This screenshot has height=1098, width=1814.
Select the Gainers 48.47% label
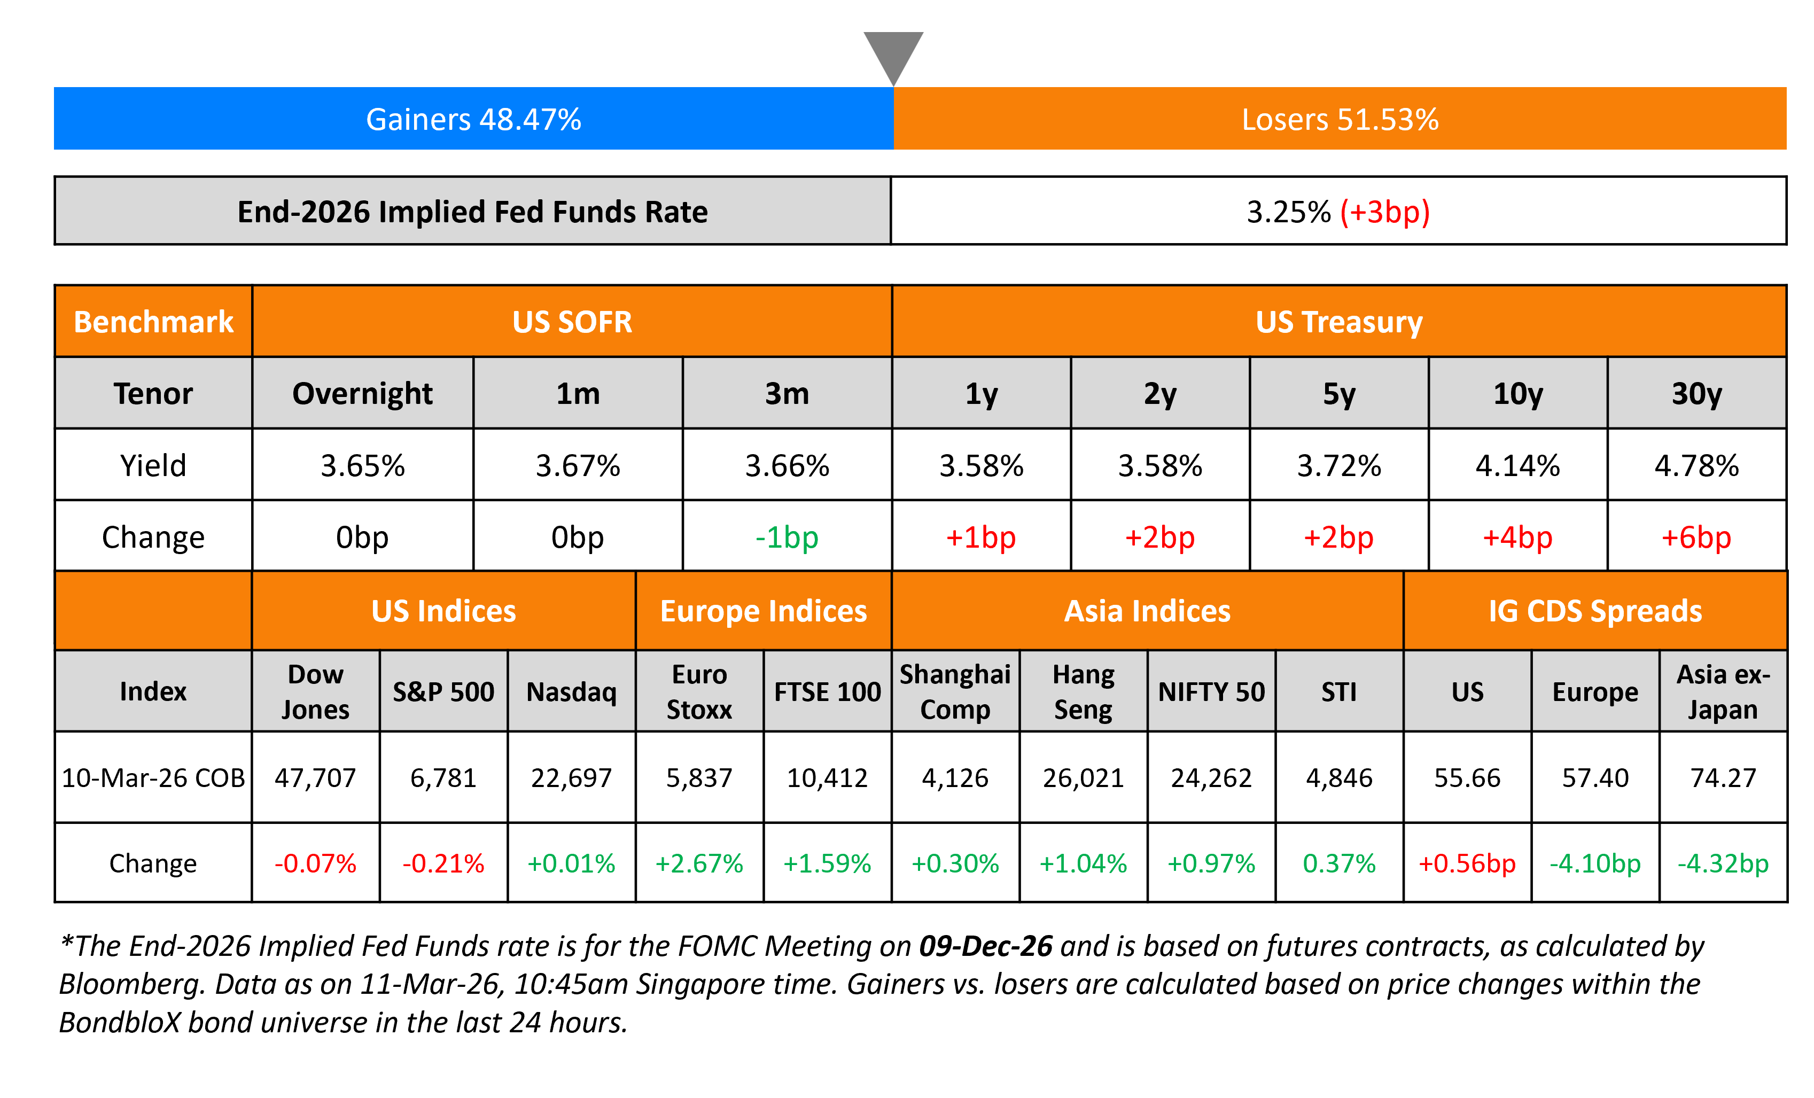[473, 119]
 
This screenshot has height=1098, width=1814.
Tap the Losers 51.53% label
[1340, 119]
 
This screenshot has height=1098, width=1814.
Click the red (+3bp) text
[1384, 212]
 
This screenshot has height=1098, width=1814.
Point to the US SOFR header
[572, 322]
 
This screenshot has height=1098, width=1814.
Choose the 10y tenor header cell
[1517, 394]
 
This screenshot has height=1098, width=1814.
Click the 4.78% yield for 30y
[1696, 465]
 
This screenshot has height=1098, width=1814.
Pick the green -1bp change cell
[787, 538]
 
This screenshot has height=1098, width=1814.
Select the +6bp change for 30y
[1696, 538]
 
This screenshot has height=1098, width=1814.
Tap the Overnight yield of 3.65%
[362, 465]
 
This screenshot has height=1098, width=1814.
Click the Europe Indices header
[764, 611]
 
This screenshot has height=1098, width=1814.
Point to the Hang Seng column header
[1083, 691]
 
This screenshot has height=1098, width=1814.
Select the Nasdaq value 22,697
[571, 777]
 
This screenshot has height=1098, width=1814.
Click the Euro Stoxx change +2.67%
[699, 863]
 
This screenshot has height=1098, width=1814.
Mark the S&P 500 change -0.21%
[443, 863]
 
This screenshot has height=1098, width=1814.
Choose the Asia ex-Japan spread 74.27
[1723, 777]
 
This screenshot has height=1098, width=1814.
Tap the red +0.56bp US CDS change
[1467, 863]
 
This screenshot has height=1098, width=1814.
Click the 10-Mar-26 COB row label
[153, 777]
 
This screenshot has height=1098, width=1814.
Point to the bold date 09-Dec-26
[986, 946]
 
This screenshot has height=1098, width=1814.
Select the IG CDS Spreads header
[1594, 611]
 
